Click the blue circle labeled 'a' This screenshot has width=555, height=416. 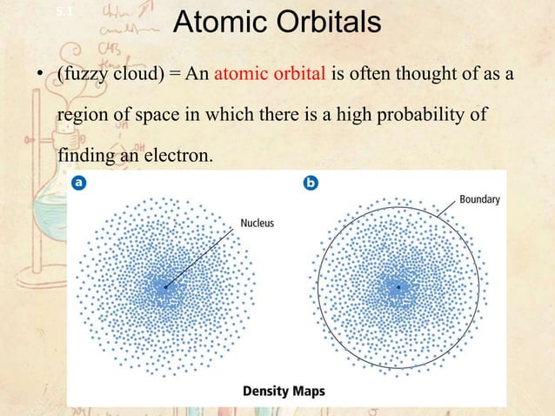[x=79, y=184]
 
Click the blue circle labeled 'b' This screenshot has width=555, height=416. [x=310, y=184]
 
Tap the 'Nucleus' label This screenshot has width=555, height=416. [x=257, y=224]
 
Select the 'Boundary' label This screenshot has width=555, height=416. [x=479, y=199]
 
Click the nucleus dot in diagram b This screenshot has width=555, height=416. [x=398, y=286]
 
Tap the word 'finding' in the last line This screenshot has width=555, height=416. [x=82, y=158]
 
